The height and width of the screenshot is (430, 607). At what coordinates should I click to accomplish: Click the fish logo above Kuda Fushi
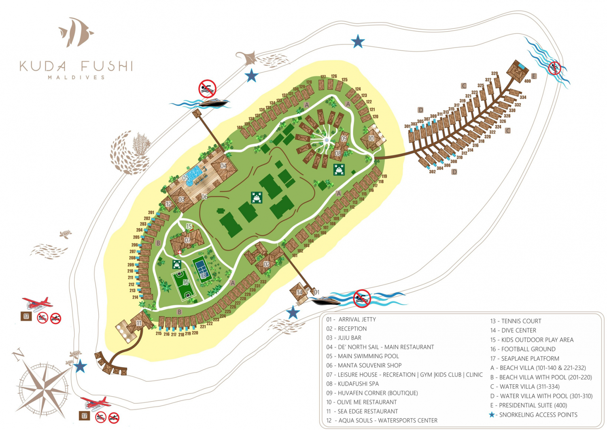coord(76,32)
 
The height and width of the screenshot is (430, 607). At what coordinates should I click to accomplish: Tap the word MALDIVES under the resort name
coord(76,77)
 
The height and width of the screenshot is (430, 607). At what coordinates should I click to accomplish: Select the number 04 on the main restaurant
coord(223,166)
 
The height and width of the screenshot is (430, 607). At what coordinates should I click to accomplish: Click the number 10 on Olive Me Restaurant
coord(371,138)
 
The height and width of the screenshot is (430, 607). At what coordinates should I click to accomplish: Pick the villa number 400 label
coord(527,81)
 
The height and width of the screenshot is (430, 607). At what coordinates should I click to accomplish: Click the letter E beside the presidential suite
coord(534,76)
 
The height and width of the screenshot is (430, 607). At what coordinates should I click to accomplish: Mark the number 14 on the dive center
coord(299,292)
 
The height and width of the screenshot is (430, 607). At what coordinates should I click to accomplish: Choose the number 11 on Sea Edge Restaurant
coord(139,323)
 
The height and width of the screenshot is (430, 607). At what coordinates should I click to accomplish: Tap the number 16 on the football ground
coord(185,282)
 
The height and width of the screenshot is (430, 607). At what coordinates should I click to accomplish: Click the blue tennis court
coord(201,268)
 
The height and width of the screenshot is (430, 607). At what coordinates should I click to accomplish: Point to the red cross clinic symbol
coord(180,252)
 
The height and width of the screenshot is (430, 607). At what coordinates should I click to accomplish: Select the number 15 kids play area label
coord(189,227)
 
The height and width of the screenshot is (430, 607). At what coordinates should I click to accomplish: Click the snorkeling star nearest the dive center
coord(293,312)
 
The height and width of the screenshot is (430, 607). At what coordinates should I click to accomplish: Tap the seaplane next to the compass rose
coord(96,403)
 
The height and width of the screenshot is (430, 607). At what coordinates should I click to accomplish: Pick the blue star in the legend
coord(492,415)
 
